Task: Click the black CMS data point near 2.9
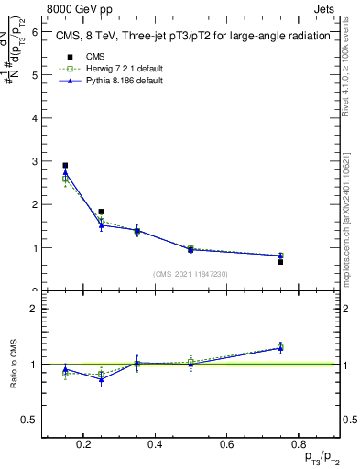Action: point(65,166)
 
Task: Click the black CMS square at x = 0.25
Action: point(101,212)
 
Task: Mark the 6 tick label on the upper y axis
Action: point(34,31)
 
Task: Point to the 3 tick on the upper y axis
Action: point(34,161)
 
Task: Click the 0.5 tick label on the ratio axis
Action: point(29,420)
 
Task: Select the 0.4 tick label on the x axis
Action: point(155,445)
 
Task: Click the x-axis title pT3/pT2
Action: point(320,458)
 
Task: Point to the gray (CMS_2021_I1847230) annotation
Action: point(191,274)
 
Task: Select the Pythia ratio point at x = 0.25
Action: point(101,378)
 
